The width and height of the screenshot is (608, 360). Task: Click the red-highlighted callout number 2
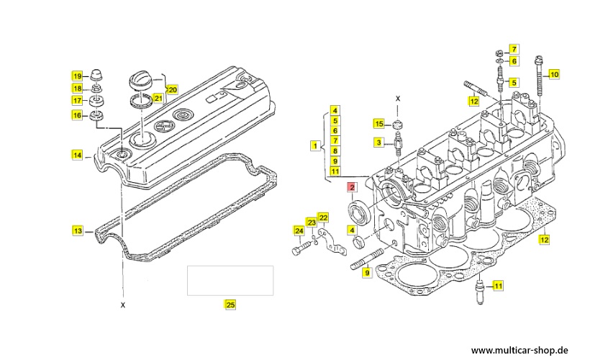click(x=352, y=188)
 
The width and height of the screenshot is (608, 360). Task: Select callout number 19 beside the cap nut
click(x=76, y=76)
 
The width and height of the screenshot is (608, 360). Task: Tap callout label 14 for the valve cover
click(x=76, y=154)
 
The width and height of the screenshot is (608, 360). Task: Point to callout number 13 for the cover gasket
click(x=77, y=231)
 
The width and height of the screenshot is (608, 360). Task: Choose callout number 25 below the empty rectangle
click(x=230, y=305)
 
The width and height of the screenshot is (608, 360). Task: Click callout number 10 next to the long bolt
click(x=553, y=74)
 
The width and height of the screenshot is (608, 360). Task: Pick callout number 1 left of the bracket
click(x=314, y=145)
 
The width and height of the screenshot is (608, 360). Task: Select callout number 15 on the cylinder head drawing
click(x=378, y=124)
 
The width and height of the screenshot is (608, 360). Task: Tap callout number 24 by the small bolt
click(x=299, y=230)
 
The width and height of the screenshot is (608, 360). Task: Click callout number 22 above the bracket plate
click(x=323, y=218)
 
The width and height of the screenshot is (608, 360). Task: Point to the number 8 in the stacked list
click(x=335, y=150)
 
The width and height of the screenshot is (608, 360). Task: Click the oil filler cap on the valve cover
click(x=140, y=77)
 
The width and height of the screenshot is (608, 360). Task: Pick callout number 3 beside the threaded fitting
click(x=378, y=143)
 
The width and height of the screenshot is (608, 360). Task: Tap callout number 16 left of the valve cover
click(x=76, y=115)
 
